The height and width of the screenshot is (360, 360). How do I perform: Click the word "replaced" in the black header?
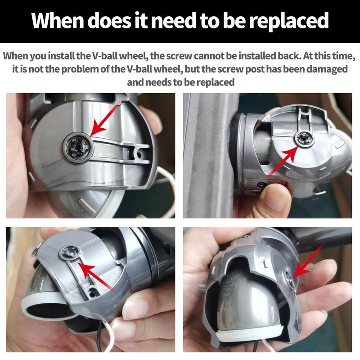point(289,21)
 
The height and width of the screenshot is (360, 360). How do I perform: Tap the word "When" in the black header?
point(58,21)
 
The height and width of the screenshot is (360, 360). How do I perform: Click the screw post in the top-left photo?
point(77,147)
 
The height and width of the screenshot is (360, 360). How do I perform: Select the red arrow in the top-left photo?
point(105,119)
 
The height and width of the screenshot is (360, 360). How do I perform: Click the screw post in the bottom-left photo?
point(70,253)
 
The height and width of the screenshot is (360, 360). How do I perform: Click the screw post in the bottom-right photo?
point(289,279)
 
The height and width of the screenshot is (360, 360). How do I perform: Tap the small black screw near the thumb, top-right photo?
point(262,184)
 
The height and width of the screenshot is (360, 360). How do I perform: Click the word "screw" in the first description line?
point(179,56)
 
